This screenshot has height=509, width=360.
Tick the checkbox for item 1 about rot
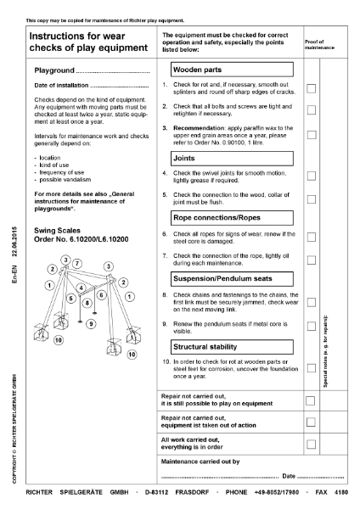(x=312, y=88)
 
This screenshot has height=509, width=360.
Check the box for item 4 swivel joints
(x=312, y=176)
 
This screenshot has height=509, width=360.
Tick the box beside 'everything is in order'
(x=312, y=444)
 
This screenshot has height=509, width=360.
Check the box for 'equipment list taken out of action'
(x=312, y=422)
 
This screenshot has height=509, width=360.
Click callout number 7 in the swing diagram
(x=77, y=265)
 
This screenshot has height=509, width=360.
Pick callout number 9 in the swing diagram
(x=92, y=324)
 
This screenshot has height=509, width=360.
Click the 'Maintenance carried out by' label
(x=200, y=461)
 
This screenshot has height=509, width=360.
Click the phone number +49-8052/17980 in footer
(x=273, y=491)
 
